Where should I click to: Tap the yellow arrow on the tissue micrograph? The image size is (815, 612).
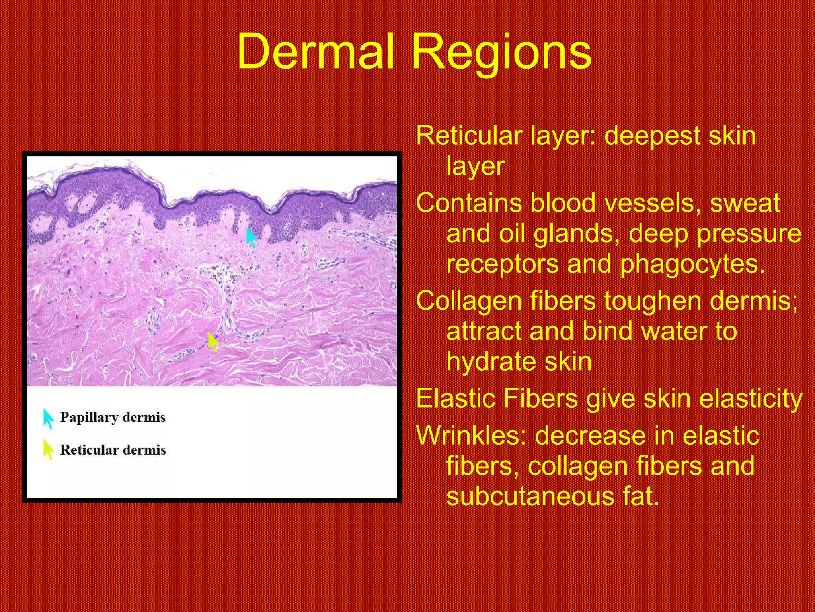coord(213,342)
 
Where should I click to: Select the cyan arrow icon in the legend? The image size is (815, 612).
coord(48,418)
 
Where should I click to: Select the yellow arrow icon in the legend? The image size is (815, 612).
coord(48,449)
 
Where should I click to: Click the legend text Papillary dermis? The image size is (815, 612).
coord(113,417)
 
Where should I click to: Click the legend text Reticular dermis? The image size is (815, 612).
coord(113,450)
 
